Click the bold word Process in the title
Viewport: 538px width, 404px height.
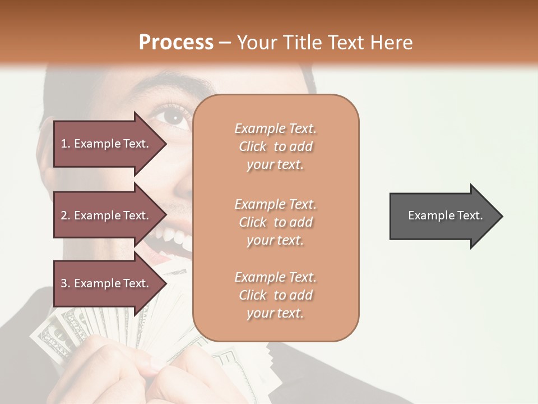click(176, 43)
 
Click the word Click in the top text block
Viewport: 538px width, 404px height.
click(253, 146)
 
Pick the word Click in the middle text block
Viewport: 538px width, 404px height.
click(253, 222)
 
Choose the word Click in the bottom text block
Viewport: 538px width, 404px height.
click(253, 295)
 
